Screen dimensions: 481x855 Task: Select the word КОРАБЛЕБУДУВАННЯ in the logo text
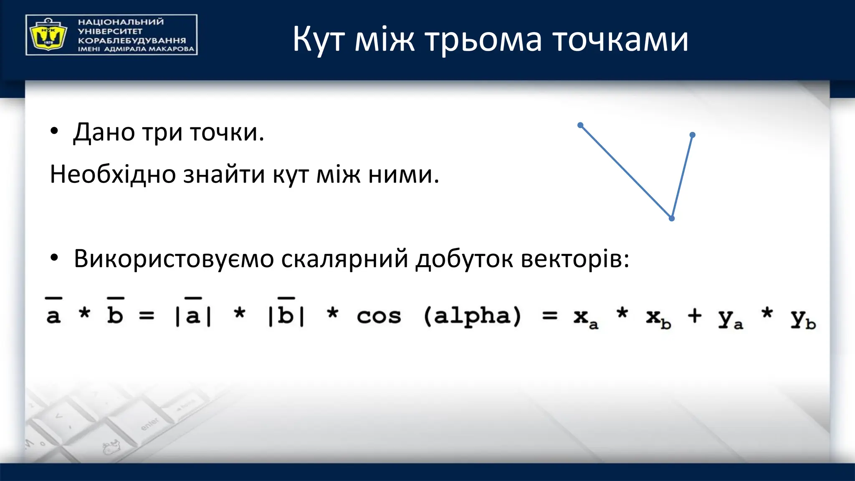coord(132,41)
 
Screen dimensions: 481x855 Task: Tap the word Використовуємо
coord(174,259)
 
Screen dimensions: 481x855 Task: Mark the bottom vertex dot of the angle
coord(672,218)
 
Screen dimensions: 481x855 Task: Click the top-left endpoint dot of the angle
coord(580,125)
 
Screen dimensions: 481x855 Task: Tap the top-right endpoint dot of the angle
coord(693,135)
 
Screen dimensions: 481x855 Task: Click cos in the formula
coord(379,316)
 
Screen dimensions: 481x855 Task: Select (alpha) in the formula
coord(472,316)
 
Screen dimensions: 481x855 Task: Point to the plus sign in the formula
coord(695,316)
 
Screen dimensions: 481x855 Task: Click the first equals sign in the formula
coord(147,316)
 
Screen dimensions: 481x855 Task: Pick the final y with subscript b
coord(802,319)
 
